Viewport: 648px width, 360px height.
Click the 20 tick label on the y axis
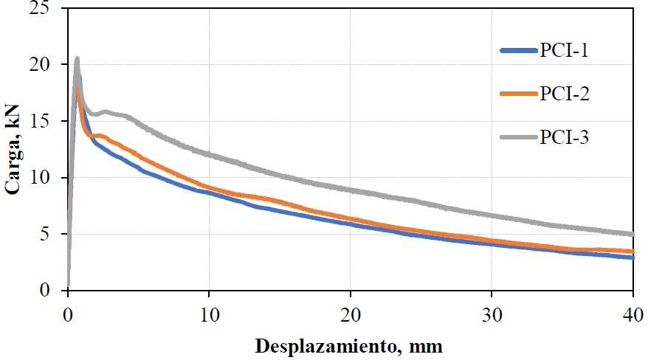point(49,65)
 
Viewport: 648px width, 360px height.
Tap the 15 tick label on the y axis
point(49,121)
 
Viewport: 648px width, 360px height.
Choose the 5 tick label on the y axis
point(53,234)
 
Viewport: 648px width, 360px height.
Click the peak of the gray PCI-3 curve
point(77,58)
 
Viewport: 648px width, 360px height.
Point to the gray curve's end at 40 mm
point(633,234)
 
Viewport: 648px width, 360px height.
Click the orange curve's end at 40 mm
point(633,252)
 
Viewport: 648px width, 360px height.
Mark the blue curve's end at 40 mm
point(633,257)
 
